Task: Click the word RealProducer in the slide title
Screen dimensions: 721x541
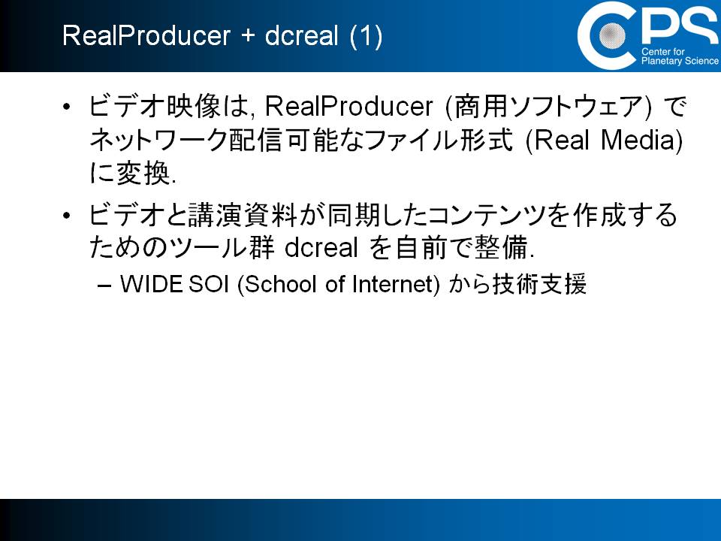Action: click(x=146, y=35)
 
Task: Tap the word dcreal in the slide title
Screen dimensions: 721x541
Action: click(x=302, y=35)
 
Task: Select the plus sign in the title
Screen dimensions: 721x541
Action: click(x=247, y=36)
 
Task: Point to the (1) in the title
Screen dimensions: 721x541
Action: click(x=366, y=36)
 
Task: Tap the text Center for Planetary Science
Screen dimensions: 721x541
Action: click(x=680, y=56)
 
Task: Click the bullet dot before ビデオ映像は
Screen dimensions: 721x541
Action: click(x=67, y=107)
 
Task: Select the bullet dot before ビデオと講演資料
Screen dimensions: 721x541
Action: click(x=67, y=216)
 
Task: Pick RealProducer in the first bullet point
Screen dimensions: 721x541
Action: click(x=349, y=107)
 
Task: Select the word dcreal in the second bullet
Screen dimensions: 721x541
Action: click(x=321, y=247)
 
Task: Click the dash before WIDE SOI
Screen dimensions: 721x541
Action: click(x=104, y=286)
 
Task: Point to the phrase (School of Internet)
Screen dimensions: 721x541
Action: click(x=339, y=284)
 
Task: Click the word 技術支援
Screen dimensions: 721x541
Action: click(x=540, y=284)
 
